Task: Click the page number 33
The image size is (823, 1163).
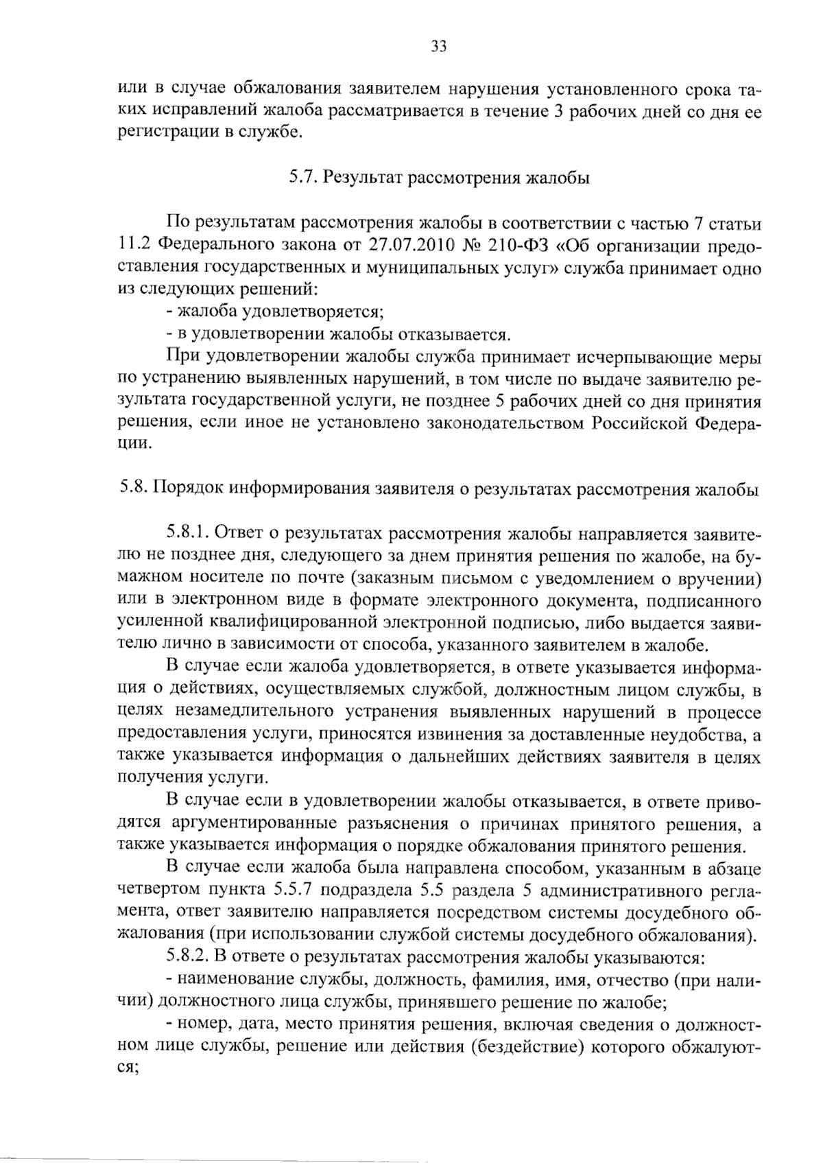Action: point(438,47)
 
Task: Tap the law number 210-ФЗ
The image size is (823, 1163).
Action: point(509,246)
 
